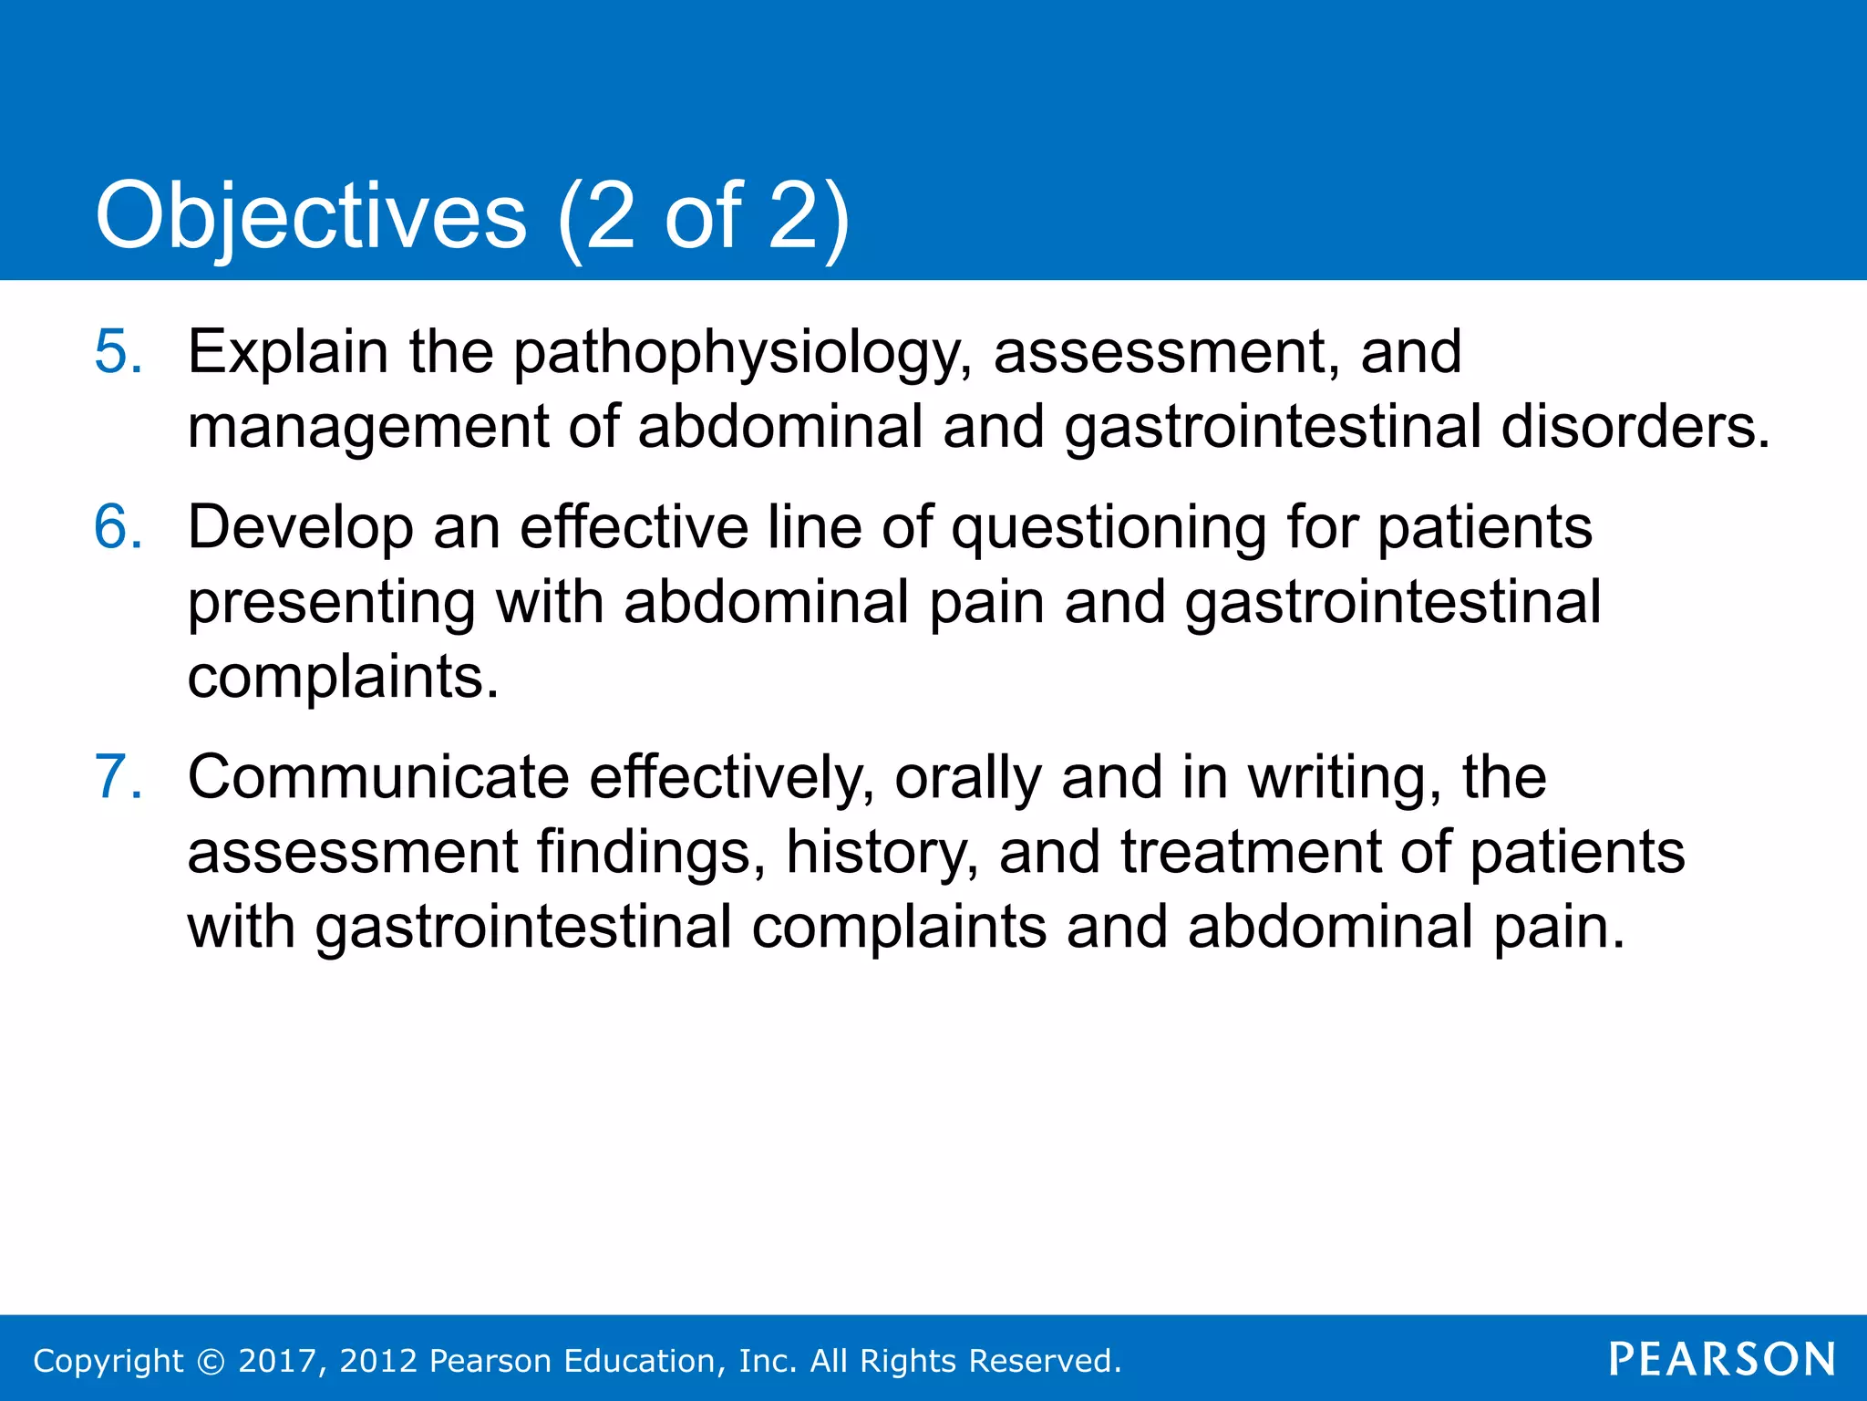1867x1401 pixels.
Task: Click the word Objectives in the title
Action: click(x=310, y=217)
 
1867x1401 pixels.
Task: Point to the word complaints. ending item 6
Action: click(x=343, y=680)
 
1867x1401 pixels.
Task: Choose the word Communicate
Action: click(x=378, y=778)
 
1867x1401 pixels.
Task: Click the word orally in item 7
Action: click(x=967, y=780)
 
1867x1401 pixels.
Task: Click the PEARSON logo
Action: click(x=1721, y=1360)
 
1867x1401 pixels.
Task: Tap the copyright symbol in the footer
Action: click(x=211, y=1361)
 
